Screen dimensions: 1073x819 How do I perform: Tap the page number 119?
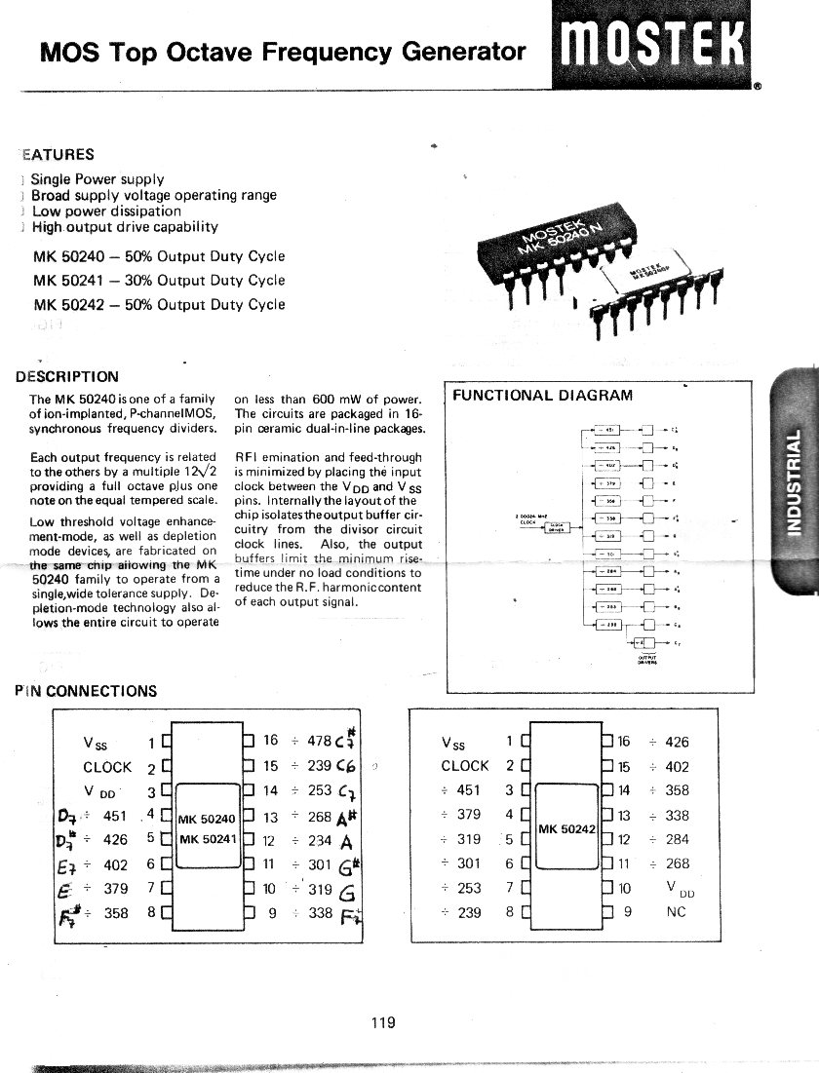tap(383, 1022)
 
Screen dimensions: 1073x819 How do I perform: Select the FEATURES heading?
tap(58, 154)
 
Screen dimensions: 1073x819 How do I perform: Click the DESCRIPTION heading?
tap(67, 377)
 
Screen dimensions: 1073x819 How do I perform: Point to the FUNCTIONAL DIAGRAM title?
tap(542, 395)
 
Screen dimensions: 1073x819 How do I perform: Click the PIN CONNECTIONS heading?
tap(86, 691)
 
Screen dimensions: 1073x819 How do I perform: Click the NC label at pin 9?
tap(676, 912)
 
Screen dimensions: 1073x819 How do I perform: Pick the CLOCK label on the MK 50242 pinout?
tap(464, 766)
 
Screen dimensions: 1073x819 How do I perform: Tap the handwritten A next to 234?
tap(346, 841)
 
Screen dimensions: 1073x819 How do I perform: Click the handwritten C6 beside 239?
tap(348, 766)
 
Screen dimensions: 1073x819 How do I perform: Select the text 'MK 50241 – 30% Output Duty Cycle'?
tap(159, 281)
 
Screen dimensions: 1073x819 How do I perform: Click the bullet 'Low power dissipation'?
tap(106, 211)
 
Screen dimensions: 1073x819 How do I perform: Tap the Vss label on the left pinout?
tap(97, 743)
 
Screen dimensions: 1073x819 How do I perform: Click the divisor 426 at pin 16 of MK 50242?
tap(677, 742)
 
